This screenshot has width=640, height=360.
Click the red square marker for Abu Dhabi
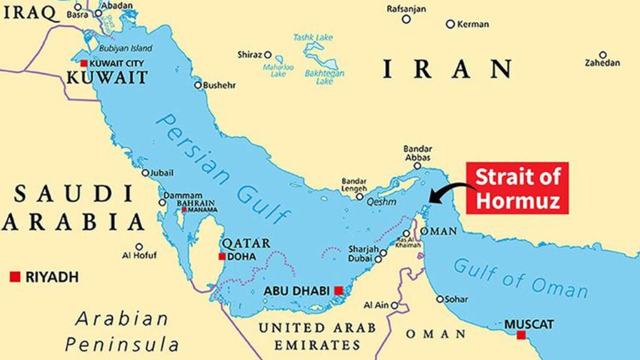click(338, 290)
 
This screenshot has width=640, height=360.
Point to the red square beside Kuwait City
click(84, 62)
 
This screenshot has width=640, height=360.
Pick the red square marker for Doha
click(222, 256)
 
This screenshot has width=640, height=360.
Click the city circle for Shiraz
click(268, 54)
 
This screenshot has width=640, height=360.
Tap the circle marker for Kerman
click(450, 24)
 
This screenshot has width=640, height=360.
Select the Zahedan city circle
click(602, 55)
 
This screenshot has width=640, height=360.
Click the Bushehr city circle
click(198, 85)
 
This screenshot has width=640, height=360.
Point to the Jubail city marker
click(145, 173)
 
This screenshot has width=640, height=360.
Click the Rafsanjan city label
click(407, 8)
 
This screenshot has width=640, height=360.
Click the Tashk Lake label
click(313, 37)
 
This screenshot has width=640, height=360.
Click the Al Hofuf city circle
click(139, 247)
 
